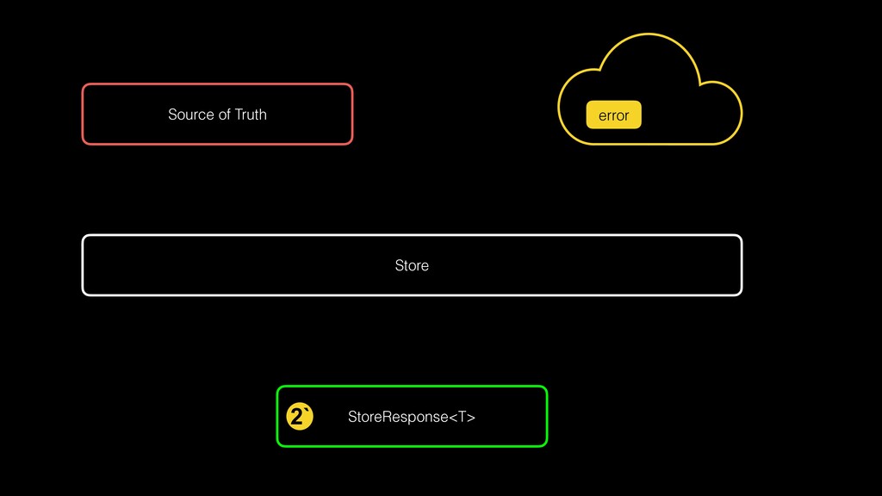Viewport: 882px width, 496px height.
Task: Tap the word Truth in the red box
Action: pos(251,115)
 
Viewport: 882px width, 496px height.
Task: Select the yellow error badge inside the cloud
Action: pos(613,115)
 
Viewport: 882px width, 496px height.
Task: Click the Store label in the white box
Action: pos(412,265)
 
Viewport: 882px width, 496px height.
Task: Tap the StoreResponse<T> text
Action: pos(411,418)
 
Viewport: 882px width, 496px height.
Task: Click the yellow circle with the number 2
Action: pos(299,417)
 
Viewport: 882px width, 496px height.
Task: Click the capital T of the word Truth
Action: pos(239,115)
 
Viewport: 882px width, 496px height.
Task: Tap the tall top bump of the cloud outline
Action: pos(650,34)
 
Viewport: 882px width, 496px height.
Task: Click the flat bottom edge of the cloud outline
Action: pos(650,144)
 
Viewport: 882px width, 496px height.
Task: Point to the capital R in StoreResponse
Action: pos(382,418)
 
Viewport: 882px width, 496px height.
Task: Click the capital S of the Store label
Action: pos(399,265)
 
